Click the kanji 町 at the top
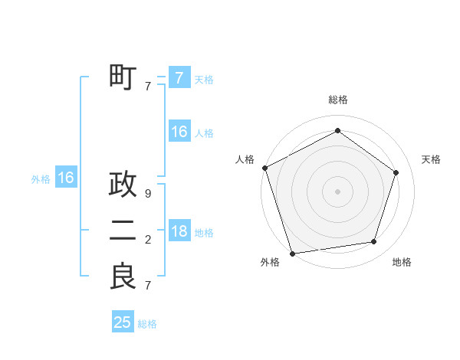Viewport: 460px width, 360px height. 123,78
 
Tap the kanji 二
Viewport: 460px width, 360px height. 123,231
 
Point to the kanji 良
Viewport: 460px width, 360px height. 123,277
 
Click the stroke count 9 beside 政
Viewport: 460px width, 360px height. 148,195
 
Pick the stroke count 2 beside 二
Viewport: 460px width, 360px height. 148,241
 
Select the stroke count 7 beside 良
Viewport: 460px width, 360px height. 148,286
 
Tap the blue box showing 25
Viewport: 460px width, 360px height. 123,322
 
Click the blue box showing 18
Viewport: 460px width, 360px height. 179,232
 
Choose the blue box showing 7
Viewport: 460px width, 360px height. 179,78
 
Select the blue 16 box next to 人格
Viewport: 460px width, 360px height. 179,133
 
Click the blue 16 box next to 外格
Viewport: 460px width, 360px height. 66,178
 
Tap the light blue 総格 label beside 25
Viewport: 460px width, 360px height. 147,324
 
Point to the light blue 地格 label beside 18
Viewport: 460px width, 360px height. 204,233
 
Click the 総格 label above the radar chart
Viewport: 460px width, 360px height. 338,100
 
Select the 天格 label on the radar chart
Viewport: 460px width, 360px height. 431,159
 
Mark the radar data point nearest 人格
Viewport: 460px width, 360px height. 265,168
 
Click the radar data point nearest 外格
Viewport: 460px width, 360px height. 292,253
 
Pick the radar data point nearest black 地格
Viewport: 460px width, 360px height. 374,242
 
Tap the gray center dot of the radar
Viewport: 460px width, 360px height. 337,191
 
